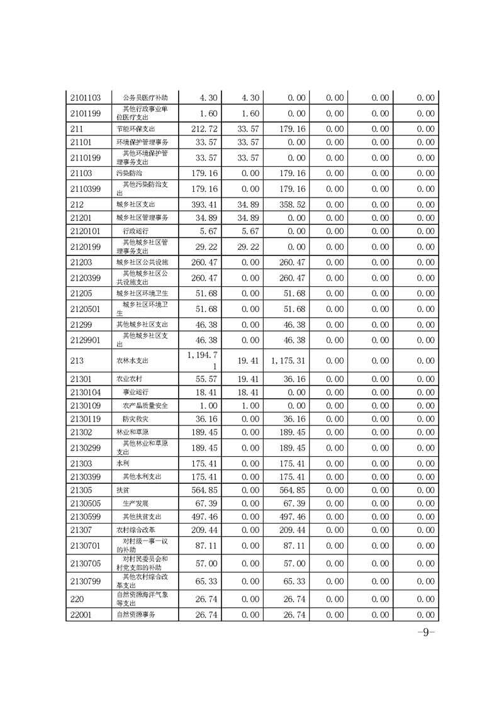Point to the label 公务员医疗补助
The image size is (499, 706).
pyautogui.click(x=141, y=98)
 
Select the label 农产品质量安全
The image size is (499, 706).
pyautogui.click(x=145, y=405)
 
